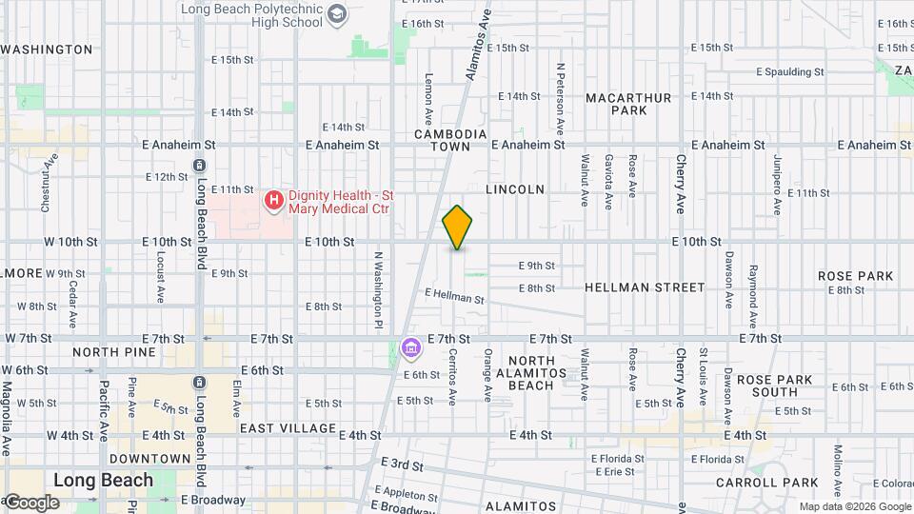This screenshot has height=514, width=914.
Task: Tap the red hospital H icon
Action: point(274,200)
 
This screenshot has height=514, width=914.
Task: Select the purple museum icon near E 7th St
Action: point(411,349)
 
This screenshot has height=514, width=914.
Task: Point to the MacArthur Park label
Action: point(628,104)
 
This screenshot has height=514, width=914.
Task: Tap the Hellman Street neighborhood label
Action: point(645,287)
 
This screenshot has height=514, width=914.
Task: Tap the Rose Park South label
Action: point(773,385)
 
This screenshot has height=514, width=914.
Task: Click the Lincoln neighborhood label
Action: point(515,189)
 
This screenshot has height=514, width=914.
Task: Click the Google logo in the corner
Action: point(30,503)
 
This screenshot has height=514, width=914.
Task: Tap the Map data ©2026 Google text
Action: point(855,507)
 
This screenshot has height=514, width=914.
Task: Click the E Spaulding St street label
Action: point(789,71)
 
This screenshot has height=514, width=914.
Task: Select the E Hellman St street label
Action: point(454,296)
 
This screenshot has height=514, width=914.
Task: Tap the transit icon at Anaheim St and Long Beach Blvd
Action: point(199,165)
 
